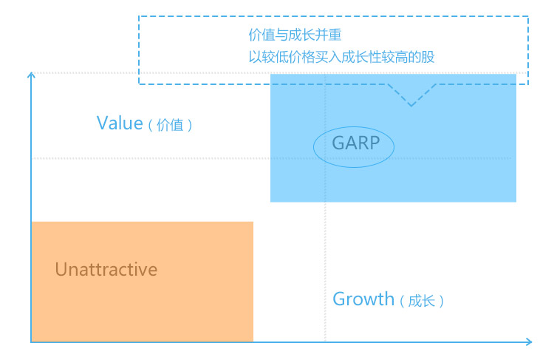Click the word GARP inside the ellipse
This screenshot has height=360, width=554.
point(356,143)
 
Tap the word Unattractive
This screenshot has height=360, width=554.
point(106,270)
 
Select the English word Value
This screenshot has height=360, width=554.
point(120,123)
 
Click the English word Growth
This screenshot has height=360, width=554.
point(363,299)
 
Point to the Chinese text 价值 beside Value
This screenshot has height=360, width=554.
point(170,125)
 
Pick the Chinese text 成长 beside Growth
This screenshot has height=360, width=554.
point(422,301)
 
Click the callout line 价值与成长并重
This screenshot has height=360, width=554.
point(295,35)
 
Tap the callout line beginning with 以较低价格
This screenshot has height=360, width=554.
point(342,57)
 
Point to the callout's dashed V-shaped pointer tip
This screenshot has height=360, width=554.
point(411,106)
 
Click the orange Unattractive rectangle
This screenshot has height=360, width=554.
point(143,282)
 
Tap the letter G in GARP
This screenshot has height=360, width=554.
point(338,143)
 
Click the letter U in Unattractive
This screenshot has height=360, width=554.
point(61,270)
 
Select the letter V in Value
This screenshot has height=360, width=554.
point(103,123)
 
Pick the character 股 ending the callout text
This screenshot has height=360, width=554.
point(428,57)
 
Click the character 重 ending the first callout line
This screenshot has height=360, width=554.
point(335,35)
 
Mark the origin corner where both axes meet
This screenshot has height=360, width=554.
point(31,342)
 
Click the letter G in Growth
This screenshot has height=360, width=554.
point(340,299)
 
